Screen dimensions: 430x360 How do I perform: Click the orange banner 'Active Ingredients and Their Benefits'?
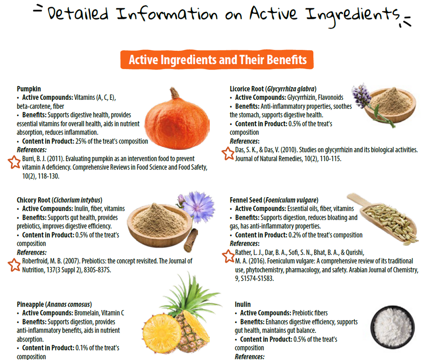(x=217, y=60)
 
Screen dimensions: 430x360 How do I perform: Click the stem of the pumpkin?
(x=174, y=94)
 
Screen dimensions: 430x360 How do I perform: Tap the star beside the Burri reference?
(x=14, y=162)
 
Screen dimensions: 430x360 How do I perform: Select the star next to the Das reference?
(x=228, y=154)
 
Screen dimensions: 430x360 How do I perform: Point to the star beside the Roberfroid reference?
(x=14, y=265)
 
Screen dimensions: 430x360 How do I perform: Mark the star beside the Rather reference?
(x=228, y=256)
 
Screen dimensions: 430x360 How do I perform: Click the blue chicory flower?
(x=198, y=206)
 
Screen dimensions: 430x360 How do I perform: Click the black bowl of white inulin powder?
(x=393, y=327)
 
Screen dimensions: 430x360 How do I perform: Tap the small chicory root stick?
(x=191, y=240)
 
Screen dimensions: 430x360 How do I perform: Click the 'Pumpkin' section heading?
(x=29, y=89)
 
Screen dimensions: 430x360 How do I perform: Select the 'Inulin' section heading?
(x=243, y=304)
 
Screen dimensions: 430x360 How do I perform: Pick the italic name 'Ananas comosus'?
(x=68, y=304)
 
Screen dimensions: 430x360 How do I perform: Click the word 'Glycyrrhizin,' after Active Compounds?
(x=302, y=98)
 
